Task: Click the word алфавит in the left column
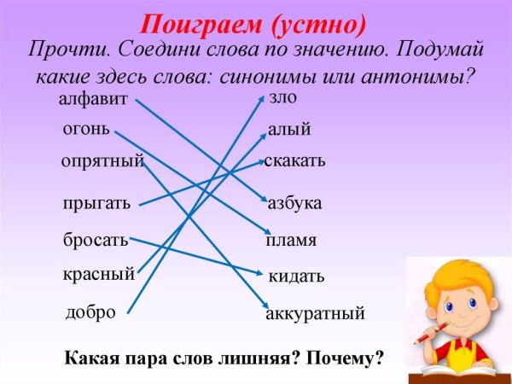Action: pyautogui.click(x=93, y=100)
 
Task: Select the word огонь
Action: pyautogui.click(x=85, y=130)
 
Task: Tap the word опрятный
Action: pyautogui.click(x=102, y=160)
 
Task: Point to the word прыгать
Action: pyautogui.click(x=96, y=203)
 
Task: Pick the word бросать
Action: pyautogui.click(x=95, y=240)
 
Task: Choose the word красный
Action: pyautogui.click(x=98, y=275)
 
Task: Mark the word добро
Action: pyautogui.click(x=90, y=312)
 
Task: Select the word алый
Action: pyautogui.click(x=289, y=131)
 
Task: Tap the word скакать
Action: pyautogui.click(x=294, y=160)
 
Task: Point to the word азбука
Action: pyautogui.click(x=294, y=203)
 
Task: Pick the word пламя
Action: pyautogui.click(x=291, y=241)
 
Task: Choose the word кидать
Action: pyautogui.click(x=296, y=276)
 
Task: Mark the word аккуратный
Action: pyautogui.click(x=315, y=314)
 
